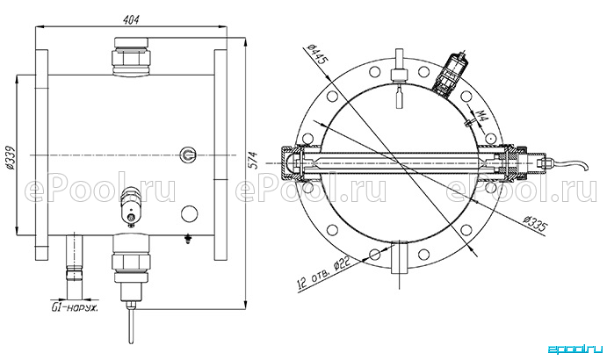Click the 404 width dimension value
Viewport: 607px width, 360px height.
(x=131, y=19)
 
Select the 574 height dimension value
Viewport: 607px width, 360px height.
(x=252, y=160)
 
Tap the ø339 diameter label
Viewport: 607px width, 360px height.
(x=10, y=158)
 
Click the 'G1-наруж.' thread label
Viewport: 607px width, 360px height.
(x=75, y=308)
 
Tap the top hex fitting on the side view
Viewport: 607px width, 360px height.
(x=131, y=57)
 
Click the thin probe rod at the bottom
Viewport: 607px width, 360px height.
(x=132, y=324)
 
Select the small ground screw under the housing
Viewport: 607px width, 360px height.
(x=189, y=239)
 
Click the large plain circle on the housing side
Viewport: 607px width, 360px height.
(x=189, y=213)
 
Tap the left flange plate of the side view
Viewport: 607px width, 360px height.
(x=41, y=155)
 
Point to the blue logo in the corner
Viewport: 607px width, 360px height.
(x=575, y=349)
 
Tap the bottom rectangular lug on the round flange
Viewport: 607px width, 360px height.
(x=399, y=257)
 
